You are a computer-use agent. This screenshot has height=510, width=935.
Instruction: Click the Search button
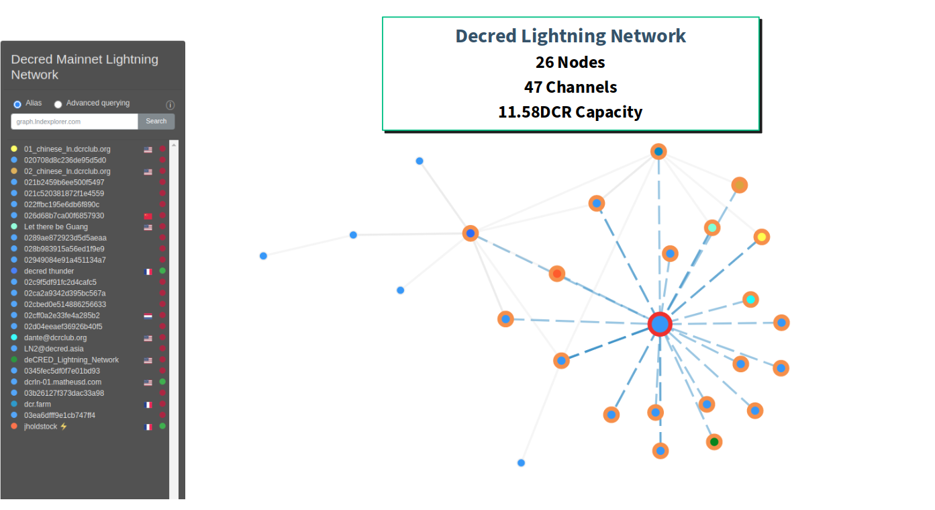tap(156, 121)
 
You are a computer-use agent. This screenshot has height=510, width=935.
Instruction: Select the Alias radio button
tap(17, 104)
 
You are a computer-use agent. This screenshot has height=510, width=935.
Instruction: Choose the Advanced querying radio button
tap(58, 104)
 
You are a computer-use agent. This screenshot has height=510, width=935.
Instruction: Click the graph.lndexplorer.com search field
tap(75, 122)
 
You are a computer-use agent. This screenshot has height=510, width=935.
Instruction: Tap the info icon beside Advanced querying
tap(170, 105)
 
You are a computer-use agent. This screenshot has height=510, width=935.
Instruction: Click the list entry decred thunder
tap(49, 271)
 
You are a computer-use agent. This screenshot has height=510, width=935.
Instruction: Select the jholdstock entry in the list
tap(41, 426)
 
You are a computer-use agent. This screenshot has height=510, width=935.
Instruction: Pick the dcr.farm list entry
tap(38, 404)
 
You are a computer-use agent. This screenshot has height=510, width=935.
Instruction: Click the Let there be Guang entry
tap(56, 226)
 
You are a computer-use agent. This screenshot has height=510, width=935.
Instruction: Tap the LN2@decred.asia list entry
tap(53, 349)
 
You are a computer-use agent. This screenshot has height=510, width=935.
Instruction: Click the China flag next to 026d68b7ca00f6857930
tap(148, 216)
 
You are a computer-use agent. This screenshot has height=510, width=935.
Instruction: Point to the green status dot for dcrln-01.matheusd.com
tap(162, 382)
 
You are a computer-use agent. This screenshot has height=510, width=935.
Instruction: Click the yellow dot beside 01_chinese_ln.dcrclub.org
tap(14, 148)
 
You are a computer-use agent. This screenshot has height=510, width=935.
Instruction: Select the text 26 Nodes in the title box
tap(570, 62)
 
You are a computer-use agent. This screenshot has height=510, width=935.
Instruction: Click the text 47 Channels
tap(570, 87)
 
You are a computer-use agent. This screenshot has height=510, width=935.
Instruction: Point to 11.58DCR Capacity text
tap(570, 112)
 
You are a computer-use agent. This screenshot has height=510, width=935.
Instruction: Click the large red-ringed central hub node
tap(660, 325)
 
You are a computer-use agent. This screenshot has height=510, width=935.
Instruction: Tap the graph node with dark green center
tap(714, 441)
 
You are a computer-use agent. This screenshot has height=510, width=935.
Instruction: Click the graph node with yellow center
tap(761, 237)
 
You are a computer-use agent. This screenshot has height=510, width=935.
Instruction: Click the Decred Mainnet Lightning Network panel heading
tap(85, 67)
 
